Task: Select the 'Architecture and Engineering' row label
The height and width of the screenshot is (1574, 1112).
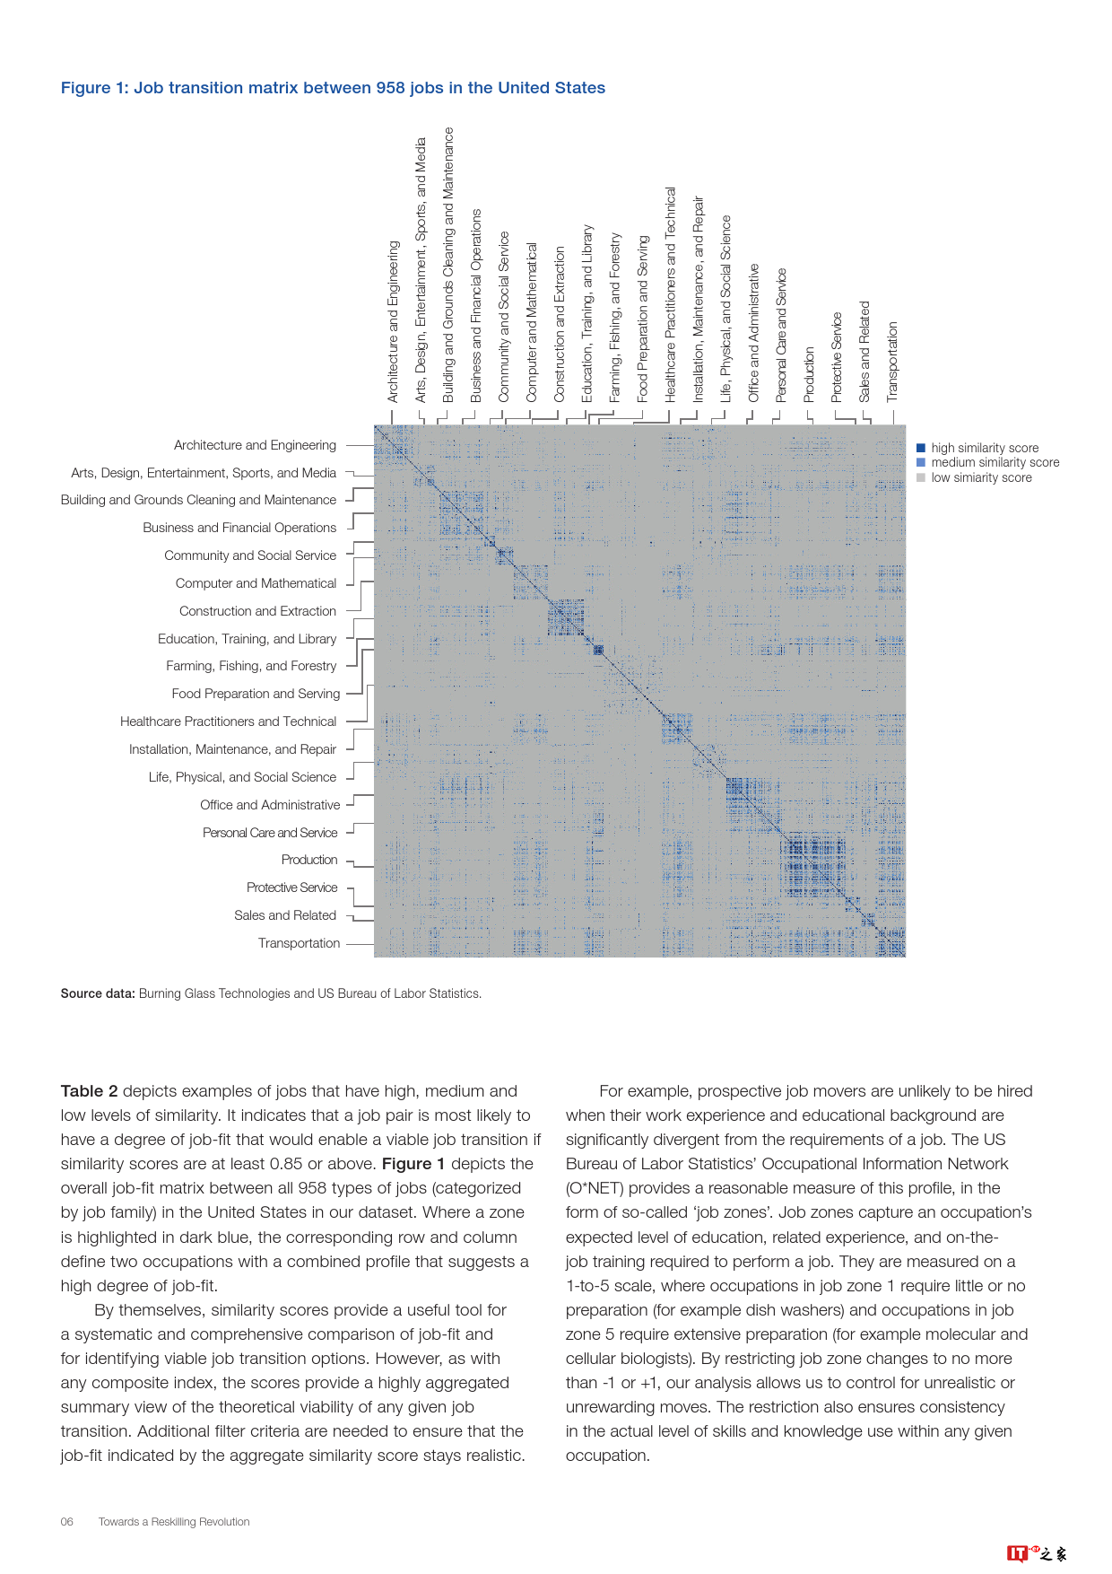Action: point(255,445)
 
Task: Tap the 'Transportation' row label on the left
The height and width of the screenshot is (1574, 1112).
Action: point(299,943)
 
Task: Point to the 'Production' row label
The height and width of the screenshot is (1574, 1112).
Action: point(309,860)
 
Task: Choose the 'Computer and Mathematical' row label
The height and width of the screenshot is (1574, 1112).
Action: point(256,583)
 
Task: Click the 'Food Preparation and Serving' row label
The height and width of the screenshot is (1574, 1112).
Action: point(256,694)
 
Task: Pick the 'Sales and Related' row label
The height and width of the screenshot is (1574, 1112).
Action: point(284,915)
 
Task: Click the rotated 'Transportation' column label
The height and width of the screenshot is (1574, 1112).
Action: point(892,361)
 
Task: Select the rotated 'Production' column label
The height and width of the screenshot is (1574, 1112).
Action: point(809,374)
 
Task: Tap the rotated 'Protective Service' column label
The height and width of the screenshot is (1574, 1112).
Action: point(837,356)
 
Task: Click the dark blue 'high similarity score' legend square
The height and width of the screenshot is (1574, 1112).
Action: point(921,448)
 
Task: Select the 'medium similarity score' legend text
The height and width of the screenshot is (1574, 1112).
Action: point(995,463)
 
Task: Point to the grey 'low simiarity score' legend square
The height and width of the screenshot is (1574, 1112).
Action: point(921,478)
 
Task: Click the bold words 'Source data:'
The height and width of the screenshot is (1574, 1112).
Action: point(98,993)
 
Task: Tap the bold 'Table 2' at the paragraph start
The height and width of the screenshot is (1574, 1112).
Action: point(89,1091)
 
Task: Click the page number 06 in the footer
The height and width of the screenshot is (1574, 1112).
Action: point(67,1522)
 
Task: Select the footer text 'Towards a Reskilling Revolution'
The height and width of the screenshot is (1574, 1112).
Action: point(174,1522)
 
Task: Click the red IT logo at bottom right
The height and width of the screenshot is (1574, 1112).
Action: point(1017,1553)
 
